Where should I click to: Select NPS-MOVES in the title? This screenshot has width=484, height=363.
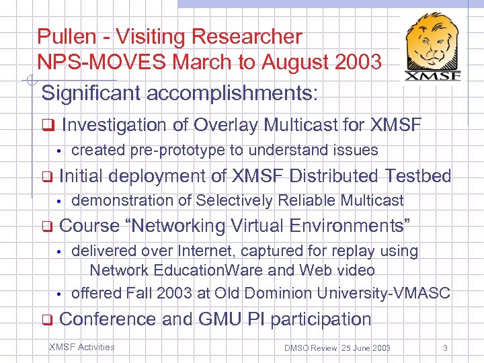tap(102, 63)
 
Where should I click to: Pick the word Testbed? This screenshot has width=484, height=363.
tap(418, 175)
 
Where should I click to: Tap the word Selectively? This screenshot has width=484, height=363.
tap(239, 200)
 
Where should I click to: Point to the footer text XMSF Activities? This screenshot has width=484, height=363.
tap(82, 347)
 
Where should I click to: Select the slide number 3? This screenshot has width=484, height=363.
tap(445, 348)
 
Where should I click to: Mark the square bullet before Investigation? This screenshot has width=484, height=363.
tap(47, 126)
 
